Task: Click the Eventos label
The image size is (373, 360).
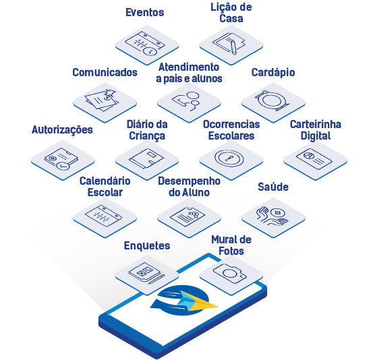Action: coord(144,13)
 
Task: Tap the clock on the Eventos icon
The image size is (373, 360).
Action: coord(150,51)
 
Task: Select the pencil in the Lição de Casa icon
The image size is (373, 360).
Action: coord(233,47)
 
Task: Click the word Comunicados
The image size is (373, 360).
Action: coord(105,72)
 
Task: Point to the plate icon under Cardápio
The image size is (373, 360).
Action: coord(272,100)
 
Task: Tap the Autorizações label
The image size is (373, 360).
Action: coord(62,130)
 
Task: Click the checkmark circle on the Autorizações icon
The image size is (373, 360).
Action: coord(63,166)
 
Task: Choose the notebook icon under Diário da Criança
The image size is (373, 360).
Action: coord(146,158)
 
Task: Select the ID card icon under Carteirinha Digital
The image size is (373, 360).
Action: coord(314,159)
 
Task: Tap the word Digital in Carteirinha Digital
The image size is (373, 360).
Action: coord(316,136)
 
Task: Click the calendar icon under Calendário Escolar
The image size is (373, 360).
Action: coord(103,216)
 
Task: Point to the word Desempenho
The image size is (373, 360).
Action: coord(189,181)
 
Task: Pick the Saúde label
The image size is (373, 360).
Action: coord(273,187)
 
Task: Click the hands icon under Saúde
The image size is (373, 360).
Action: coord(272,216)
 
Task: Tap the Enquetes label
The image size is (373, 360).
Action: coord(147,245)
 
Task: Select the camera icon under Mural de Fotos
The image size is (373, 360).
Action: coord(230,274)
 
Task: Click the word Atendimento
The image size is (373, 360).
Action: coord(189,67)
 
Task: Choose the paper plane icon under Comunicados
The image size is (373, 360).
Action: coord(109,94)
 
